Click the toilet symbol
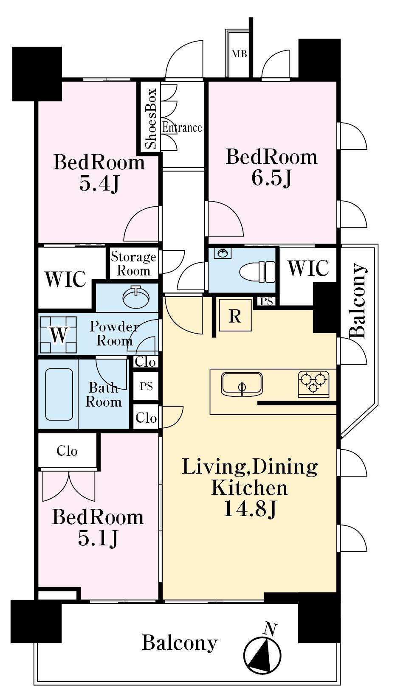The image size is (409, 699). click(x=257, y=271)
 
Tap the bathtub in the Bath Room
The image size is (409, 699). click(x=59, y=394)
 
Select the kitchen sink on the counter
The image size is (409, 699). click(x=242, y=384)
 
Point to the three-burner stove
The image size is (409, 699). click(x=313, y=384)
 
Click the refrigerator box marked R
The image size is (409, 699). click(x=235, y=315)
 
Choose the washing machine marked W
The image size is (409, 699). click(x=58, y=335)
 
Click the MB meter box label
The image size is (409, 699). click(x=239, y=54)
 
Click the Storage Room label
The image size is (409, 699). click(x=134, y=264)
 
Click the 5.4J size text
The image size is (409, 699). click(x=99, y=184)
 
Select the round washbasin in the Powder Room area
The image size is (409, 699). click(x=136, y=296)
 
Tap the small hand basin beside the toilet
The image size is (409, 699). click(x=223, y=253)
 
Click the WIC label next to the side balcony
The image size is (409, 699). click(x=308, y=268)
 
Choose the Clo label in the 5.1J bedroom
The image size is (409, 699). click(x=67, y=451)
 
